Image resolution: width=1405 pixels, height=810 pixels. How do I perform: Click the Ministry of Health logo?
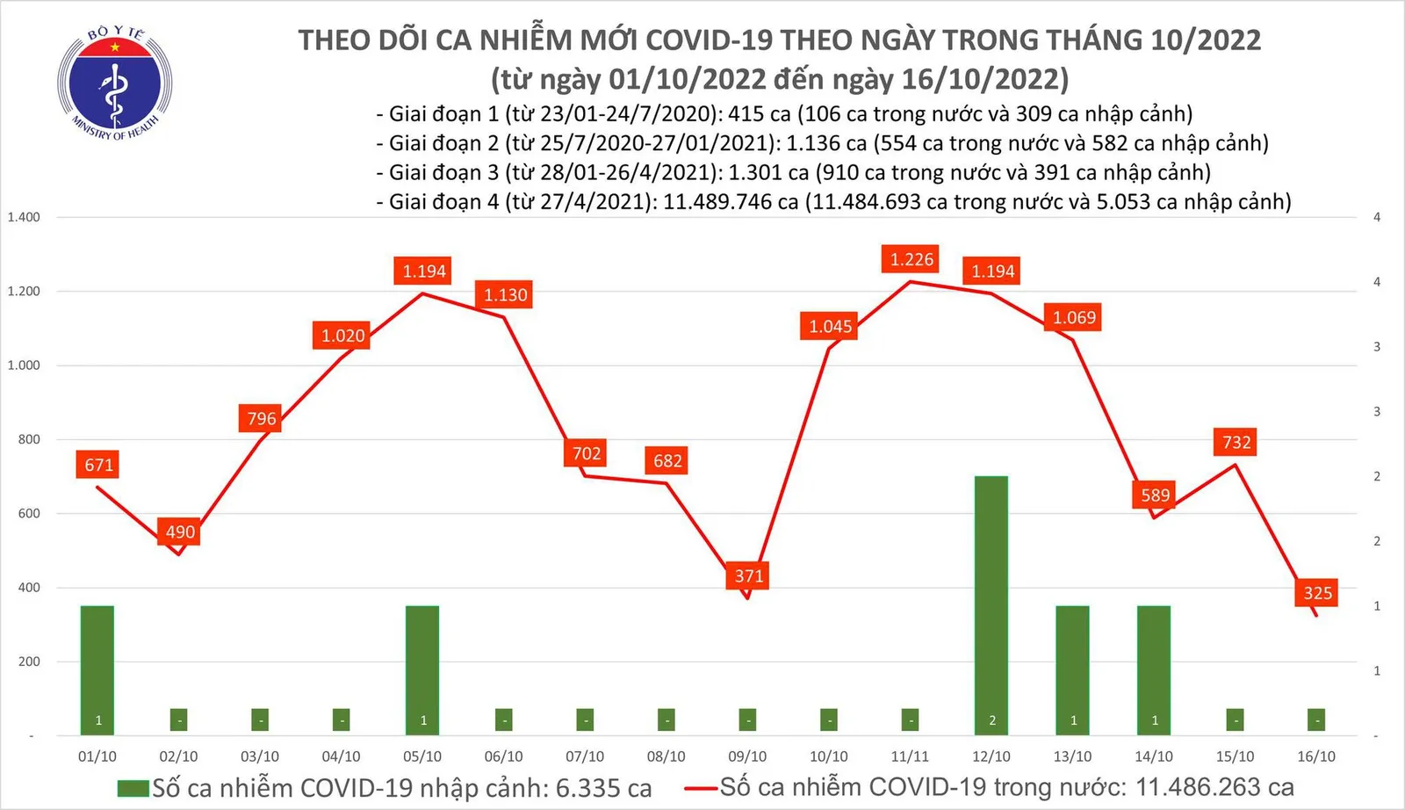tap(114, 83)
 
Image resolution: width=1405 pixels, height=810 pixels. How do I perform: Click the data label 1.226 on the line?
tap(911, 259)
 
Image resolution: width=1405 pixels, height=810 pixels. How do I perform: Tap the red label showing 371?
tap(749, 575)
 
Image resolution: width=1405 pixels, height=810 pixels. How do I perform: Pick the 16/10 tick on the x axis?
tap(1315, 756)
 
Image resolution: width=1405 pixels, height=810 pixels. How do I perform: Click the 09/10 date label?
tap(747, 756)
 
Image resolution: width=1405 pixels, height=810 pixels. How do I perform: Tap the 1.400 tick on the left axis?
tap(24, 217)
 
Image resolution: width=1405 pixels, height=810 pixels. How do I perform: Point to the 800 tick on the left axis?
tap(29, 439)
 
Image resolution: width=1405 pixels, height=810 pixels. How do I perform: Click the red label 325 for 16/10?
tap(1317, 593)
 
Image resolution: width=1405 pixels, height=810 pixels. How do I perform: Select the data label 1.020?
tap(342, 336)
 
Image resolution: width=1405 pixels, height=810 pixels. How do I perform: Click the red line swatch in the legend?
tap(702, 788)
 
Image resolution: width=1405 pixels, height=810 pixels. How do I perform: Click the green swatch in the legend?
tap(133, 788)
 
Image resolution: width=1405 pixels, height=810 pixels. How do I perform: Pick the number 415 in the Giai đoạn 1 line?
tap(746, 114)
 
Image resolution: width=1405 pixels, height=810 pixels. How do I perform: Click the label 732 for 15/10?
tap(1236, 442)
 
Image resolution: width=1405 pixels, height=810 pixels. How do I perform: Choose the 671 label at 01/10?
tap(99, 465)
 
